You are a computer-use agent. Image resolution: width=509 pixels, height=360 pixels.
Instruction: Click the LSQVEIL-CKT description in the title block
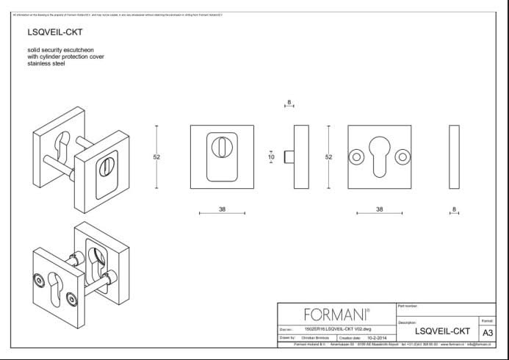click(x=443, y=332)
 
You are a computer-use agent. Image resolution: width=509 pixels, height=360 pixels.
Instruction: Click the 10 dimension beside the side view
click(x=271, y=156)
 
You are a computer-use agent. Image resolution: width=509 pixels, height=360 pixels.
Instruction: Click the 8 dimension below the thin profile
click(x=455, y=209)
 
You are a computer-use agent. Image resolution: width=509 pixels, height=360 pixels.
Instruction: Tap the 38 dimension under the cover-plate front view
click(x=222, y=209)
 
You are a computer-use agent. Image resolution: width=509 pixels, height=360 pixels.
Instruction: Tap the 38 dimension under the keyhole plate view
click(x=379, y=209)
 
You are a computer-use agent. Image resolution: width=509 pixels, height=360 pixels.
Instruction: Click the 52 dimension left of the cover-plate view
click(x=156, y=156)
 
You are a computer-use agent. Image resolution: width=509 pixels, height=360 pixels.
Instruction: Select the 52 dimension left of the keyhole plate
click(x=328, y=156)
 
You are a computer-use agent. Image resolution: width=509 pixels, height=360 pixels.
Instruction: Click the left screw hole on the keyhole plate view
click(x=356, y=156)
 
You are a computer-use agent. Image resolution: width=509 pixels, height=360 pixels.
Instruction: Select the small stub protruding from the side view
click(x=289, y=156)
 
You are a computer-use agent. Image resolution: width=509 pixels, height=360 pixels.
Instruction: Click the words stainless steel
click(x=46, y=63)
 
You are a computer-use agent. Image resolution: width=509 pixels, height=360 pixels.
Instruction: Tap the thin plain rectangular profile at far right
click(x=454, y=157)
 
